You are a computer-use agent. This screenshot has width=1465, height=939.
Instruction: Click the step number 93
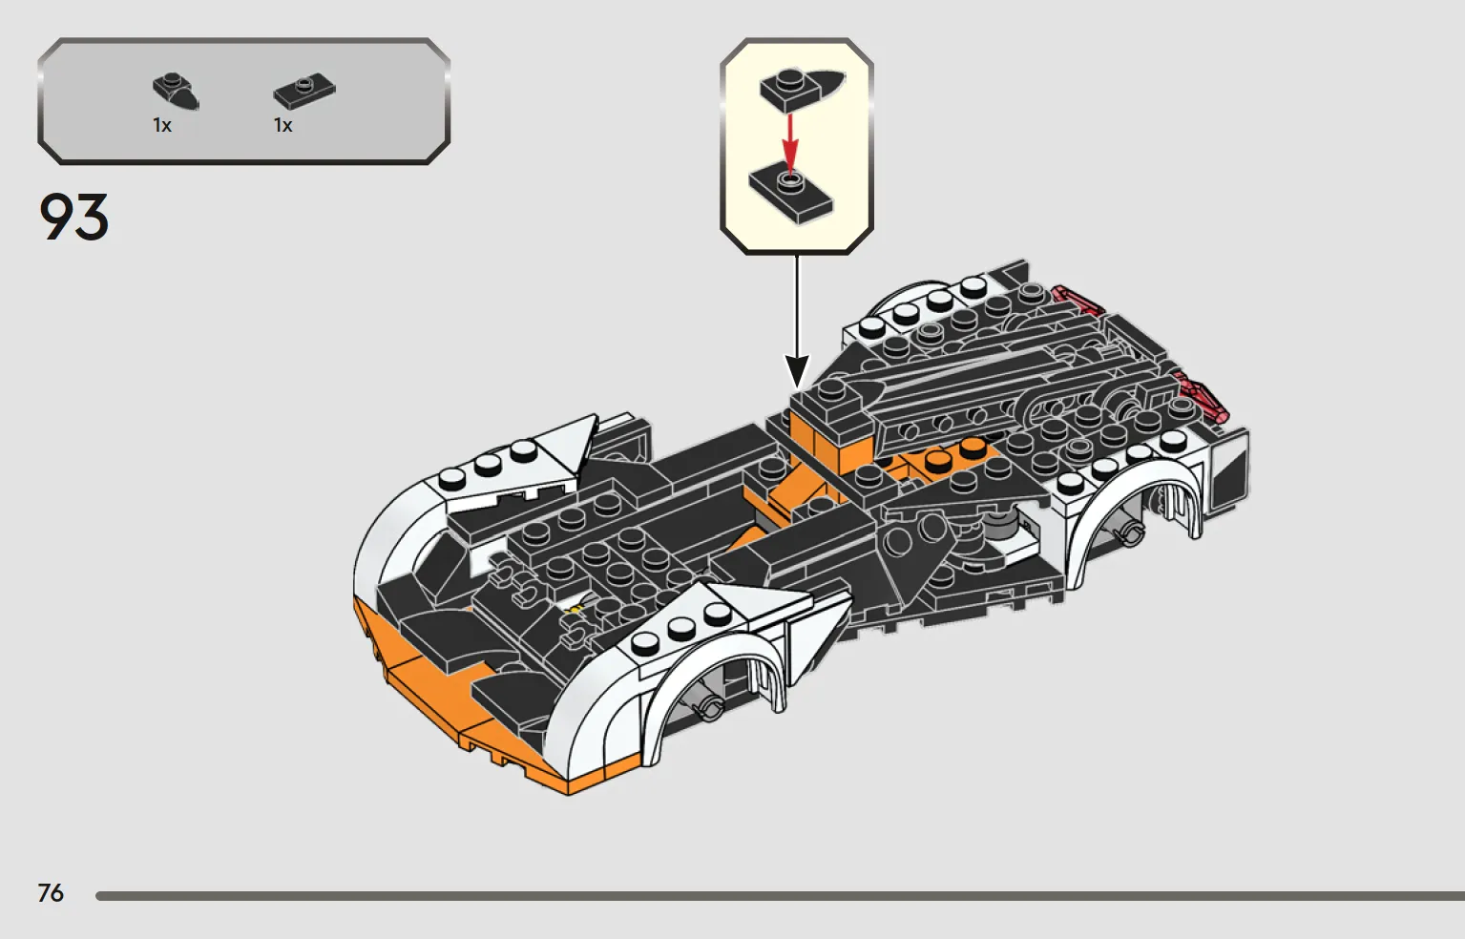(73, 217)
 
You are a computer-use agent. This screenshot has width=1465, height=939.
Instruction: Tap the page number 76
(51, 892)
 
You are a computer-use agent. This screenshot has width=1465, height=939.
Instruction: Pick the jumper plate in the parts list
(304, 91)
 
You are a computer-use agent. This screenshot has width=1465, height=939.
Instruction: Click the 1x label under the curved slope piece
(162, 125)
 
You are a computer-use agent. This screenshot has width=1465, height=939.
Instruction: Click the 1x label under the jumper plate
(283, 125)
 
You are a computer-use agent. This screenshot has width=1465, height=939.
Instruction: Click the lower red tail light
(1201, 396)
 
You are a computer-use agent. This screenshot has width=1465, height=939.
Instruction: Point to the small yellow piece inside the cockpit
(576, 610)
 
